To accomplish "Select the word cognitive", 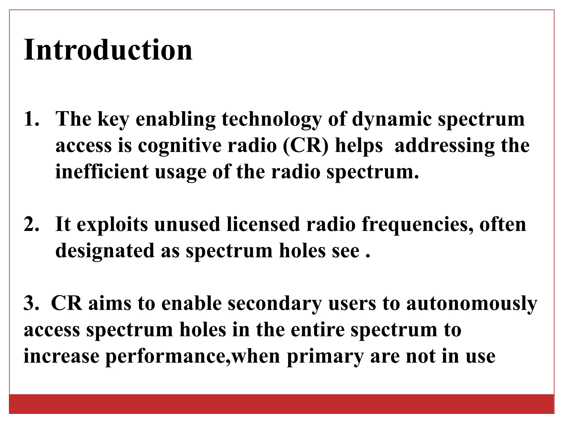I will coord(180,146).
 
